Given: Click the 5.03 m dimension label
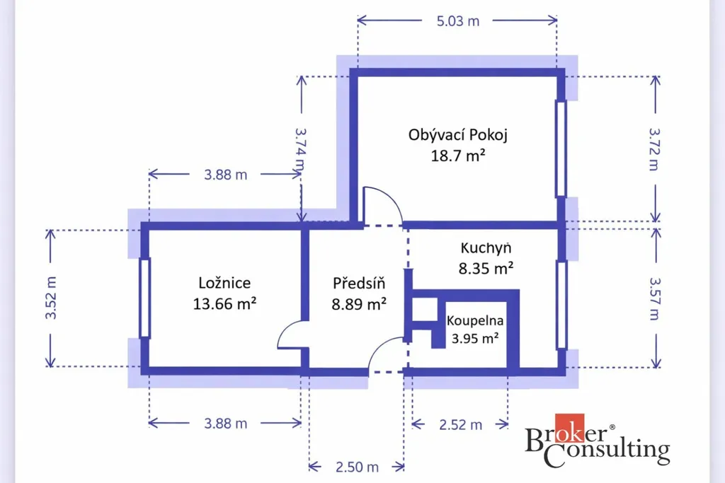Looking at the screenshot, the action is point(458,21).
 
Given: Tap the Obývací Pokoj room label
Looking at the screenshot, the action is point(458,135).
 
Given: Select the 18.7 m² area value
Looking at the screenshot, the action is point(458,156).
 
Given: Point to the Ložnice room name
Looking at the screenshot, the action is point(224,283).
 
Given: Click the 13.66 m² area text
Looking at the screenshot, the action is point(224,304).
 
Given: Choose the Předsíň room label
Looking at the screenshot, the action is point(359,283).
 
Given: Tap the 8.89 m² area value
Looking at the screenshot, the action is point(359,304).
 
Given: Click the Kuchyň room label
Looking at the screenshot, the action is point(486,248).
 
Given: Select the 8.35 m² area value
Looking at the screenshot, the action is point(486,268).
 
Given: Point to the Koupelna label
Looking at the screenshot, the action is point(475,320).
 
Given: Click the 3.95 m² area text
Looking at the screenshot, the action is point(475,339).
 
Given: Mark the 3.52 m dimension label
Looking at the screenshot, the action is point(51,298).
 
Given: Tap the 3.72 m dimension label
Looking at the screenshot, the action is point(654,149).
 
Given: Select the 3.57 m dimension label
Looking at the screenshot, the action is point(655,298).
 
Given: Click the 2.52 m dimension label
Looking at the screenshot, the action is point(460,425).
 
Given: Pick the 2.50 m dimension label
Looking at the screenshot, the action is point(357,467).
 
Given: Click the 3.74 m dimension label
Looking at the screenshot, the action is point(300,150).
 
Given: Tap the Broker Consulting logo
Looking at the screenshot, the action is point(598,441).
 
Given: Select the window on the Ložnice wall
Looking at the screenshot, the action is point(144,298).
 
